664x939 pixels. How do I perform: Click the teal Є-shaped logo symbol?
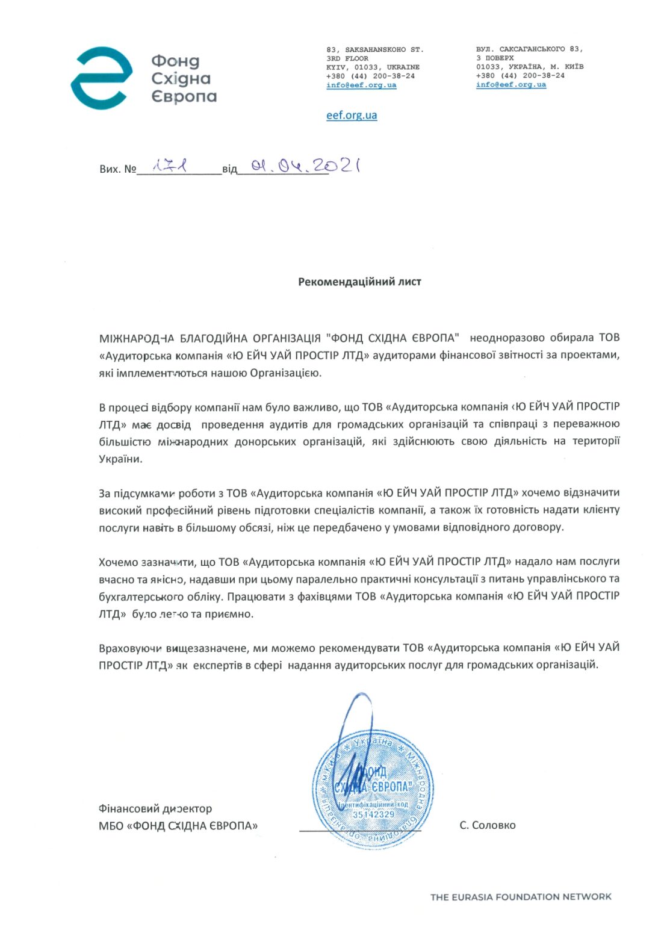[x=102, y=78]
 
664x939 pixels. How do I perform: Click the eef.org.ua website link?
[x=352, y=115]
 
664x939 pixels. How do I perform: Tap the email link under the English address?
[x=361, y=85]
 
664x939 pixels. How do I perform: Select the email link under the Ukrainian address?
[x=511, y=84]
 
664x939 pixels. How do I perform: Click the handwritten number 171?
[x=170, y=166]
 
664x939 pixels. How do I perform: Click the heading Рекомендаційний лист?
[x=359, y=282]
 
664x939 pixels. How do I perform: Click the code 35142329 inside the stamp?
[x=373, y=814]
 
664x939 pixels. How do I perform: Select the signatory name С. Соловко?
[x=487, y=825]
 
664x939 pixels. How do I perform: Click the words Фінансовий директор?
[x=155, y=808]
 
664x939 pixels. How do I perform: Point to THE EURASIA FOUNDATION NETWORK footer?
[x=521, y=897]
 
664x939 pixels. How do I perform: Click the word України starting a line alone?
[x=120, y=459]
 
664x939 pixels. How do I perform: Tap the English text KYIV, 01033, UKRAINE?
[x=373, y=67]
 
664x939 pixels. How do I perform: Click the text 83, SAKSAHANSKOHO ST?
[x=374, y=49]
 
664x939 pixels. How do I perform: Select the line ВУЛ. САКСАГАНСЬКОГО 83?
[x=529, y=49]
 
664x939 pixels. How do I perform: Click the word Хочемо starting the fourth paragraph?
[x=117, y=562]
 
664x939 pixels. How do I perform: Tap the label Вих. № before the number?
[x=118, y=169]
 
